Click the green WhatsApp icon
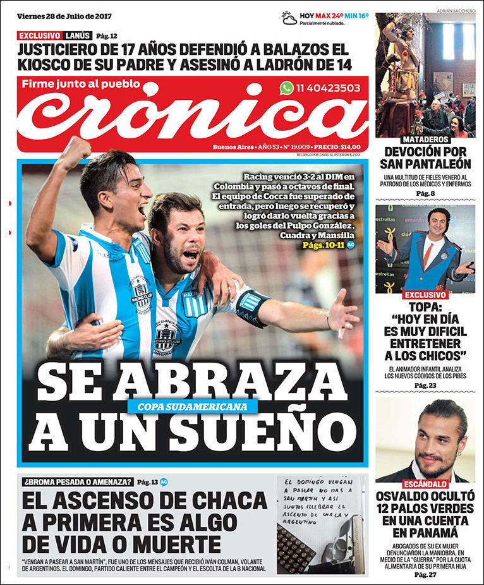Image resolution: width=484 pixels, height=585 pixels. coord(287,88)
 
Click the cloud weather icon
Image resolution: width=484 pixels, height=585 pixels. coord(289,18)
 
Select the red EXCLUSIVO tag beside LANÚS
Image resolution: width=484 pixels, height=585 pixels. coord(40,35)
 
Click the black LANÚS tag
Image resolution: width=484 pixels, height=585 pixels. coord(77,35)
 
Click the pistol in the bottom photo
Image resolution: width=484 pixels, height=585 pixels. coord(341,546)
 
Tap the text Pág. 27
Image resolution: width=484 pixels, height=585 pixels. coord(425,574)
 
